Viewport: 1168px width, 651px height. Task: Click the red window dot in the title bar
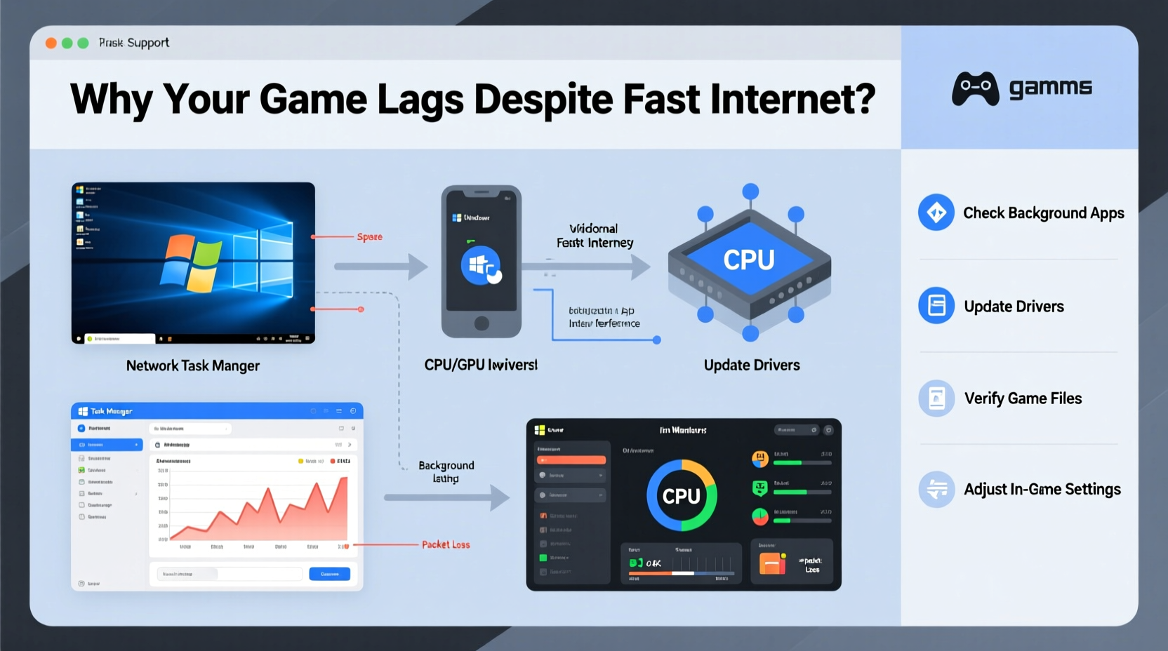click(x=51, y=43)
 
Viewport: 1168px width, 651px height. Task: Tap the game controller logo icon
click(x=975, y=88)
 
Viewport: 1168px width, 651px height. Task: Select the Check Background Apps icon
click(x=936, y=213)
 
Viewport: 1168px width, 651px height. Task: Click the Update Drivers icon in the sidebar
click(x=936, y=306)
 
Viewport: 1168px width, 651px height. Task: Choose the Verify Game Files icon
click(x=936, y=398)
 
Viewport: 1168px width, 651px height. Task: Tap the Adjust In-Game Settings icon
click(x=936, y=490)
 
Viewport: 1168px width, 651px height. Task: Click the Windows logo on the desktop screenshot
click(x=191, y=262)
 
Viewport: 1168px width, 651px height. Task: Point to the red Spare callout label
click(x=369, y=237)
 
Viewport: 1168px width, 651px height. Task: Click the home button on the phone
click(x=482, y=323)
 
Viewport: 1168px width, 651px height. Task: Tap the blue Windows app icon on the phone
click(x=481, y=265)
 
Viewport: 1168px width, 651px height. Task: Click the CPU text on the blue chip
click(x=749, y=260)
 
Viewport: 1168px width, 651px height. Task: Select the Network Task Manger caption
click(x=193, y=366)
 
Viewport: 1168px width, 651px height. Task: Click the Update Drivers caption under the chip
click(x=752, y=365)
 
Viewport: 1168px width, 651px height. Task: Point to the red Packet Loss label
click(x=446, y=545)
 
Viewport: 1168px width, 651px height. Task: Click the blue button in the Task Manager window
click(x=329, y=574)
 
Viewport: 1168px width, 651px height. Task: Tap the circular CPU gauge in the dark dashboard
click(x=682, y=496)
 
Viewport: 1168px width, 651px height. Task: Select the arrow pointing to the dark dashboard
click(x=446, y=497)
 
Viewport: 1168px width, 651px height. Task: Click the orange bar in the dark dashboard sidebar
click(x=571, y=460)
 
